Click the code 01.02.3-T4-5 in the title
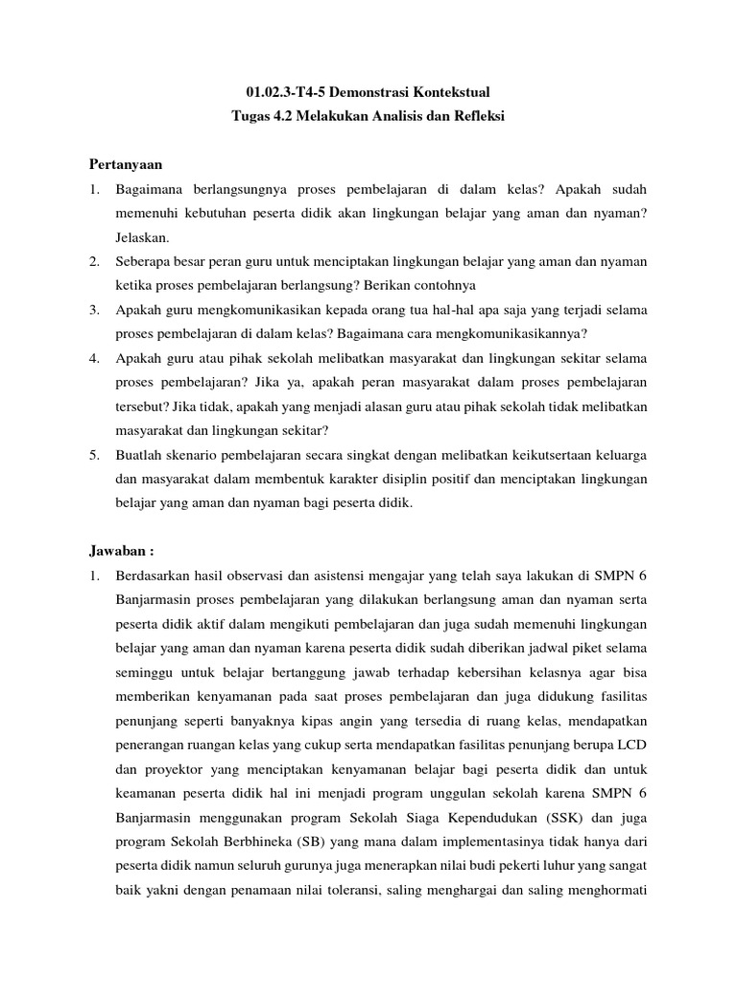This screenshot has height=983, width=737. coord(285,92)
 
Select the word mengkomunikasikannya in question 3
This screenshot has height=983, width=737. coord(519,333)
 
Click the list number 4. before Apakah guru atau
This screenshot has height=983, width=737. coord(95,357)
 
